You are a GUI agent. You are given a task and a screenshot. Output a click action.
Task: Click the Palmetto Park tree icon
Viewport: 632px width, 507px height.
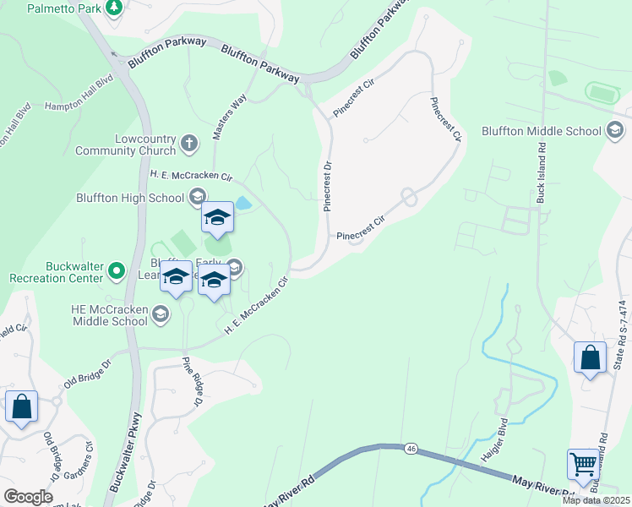click(x=115, y=8)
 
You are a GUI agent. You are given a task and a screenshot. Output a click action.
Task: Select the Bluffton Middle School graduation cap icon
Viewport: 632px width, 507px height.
click(x=614, y=131)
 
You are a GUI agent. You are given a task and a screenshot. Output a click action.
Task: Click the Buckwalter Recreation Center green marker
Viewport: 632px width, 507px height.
click(x=117, y=271)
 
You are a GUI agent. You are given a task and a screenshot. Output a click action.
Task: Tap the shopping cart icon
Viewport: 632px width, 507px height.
click(x=583, y=464)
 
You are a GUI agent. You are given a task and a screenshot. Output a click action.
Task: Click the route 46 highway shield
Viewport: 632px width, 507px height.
click(x=411, y=447)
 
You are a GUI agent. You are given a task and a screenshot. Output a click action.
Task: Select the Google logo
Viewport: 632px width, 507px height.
click(x=28, y=497)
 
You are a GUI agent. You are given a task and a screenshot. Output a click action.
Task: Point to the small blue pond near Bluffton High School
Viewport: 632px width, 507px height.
click(x=242, y=203)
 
